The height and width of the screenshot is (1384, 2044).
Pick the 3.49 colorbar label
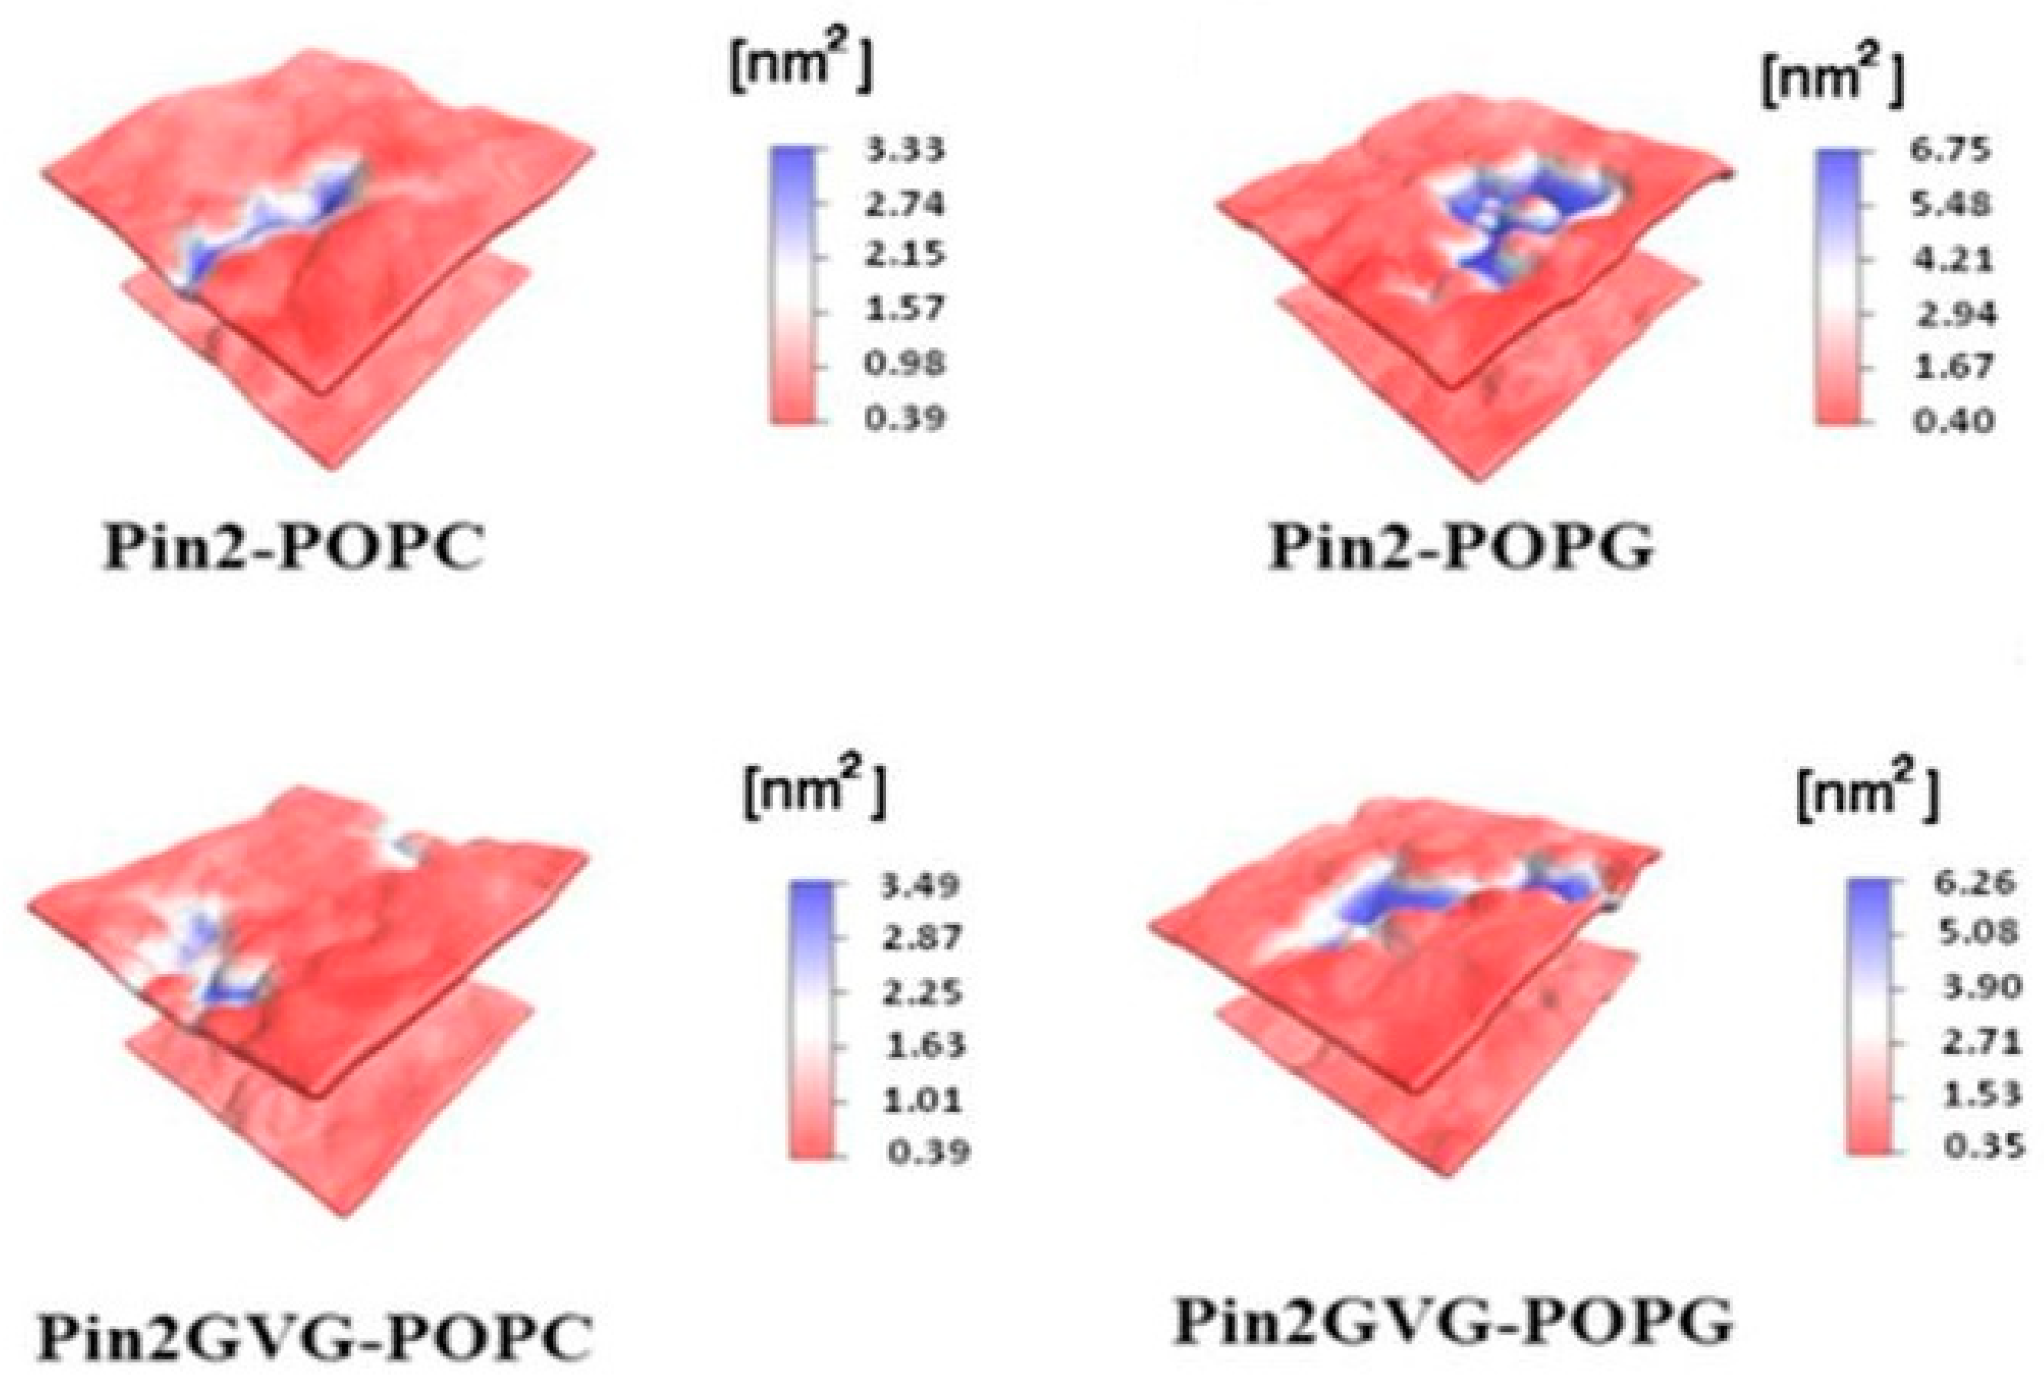click(x=922, y=885)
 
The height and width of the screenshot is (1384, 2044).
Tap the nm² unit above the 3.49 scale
click(x=814, y=796)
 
